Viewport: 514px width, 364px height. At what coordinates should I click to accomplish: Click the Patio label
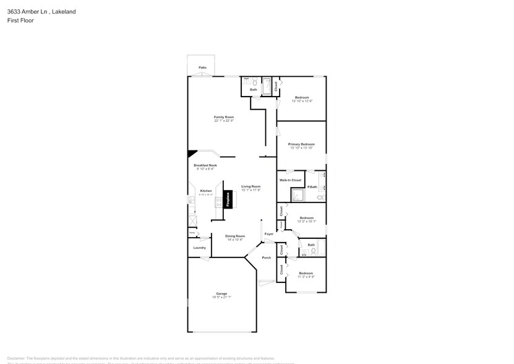(x=202, y=67)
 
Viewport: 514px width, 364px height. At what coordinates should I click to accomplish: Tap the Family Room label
(x=224, y=117)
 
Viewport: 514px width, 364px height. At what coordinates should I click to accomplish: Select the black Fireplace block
(x=228, y=199)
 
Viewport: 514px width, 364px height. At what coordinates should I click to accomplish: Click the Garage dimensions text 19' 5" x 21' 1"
(x=221, y=297)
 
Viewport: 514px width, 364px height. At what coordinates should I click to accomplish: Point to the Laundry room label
(x=199, y=248)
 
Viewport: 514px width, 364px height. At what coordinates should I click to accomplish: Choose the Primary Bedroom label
(x=301, y=144)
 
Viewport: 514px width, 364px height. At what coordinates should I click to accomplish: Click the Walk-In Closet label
(x=290, y=180)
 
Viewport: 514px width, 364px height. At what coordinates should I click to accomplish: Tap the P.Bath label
(x=312, y=187)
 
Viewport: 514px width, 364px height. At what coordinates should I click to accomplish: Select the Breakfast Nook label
(x=205, y=165)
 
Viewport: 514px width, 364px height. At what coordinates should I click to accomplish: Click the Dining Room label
(x=235, y=236)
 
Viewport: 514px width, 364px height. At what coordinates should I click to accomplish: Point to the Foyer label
(x=269, y=234)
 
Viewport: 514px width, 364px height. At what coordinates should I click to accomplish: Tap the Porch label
(x=267, y=258)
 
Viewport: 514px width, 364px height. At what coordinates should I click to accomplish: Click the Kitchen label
(x=206, y=191)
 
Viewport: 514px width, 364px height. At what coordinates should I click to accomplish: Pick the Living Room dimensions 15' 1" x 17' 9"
(x=251, y=190)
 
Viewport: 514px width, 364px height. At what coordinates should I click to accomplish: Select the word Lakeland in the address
(x=64, y=11)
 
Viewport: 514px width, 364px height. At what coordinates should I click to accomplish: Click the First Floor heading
(x=21, y=20)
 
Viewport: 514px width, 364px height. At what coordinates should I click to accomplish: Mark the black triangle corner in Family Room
(x=192, y=154)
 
